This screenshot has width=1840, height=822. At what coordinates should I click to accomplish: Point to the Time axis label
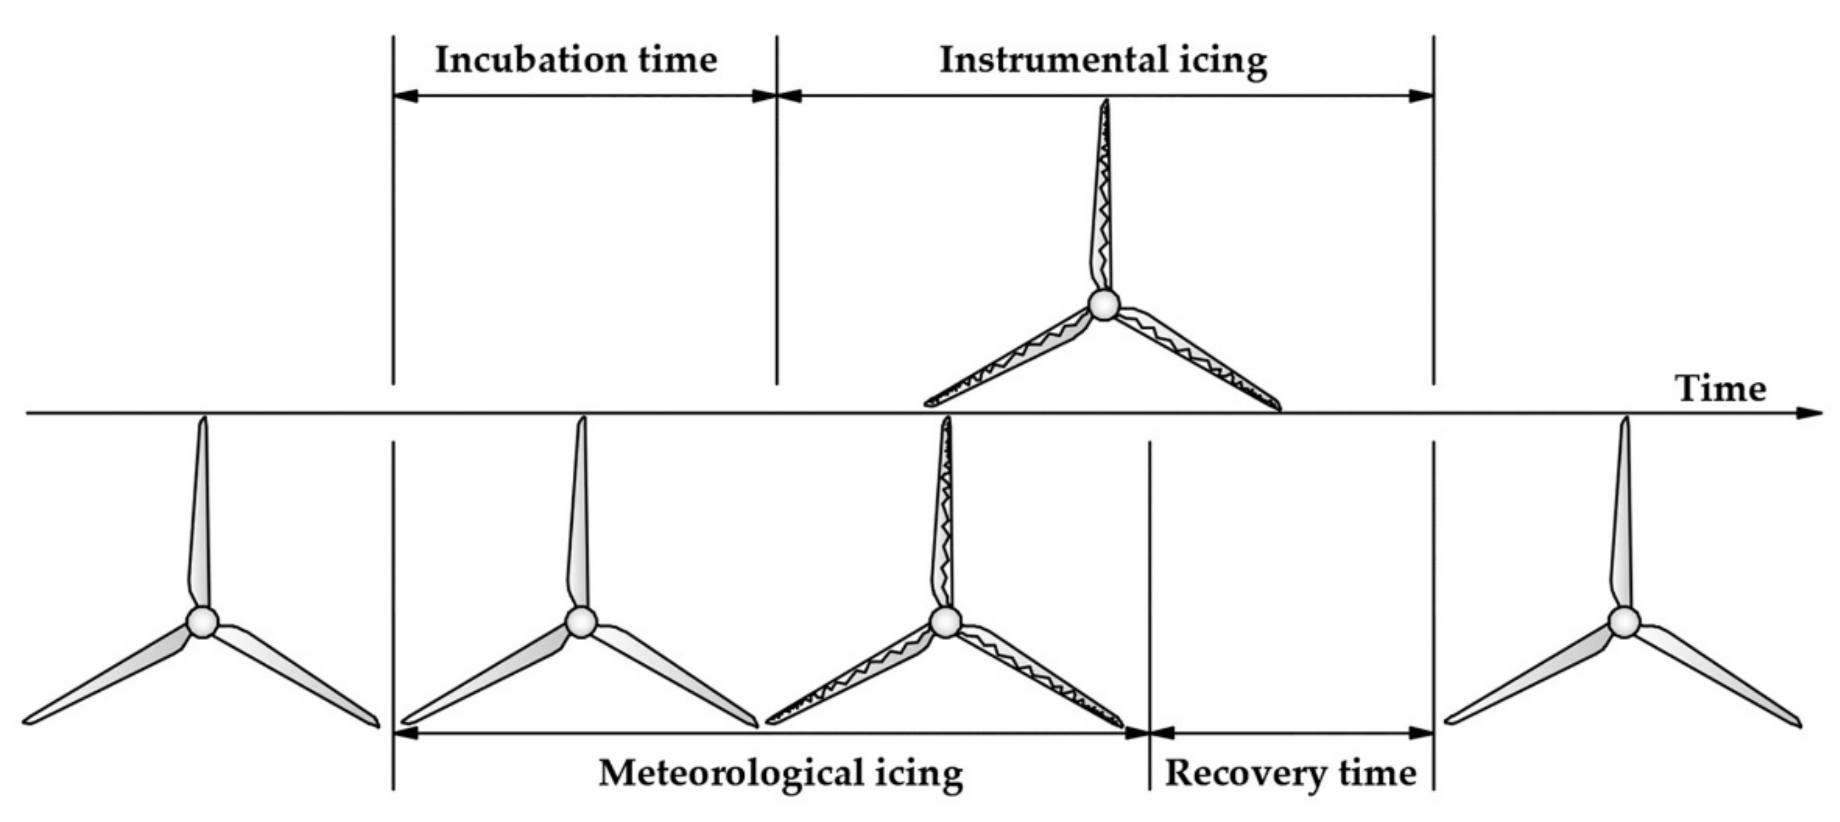point(1720,389)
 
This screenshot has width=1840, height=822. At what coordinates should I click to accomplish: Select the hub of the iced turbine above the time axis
point(1103,305)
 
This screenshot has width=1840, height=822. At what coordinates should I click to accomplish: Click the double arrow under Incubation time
point(584,96)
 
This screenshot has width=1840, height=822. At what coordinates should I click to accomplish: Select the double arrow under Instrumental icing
point(1104,96)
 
